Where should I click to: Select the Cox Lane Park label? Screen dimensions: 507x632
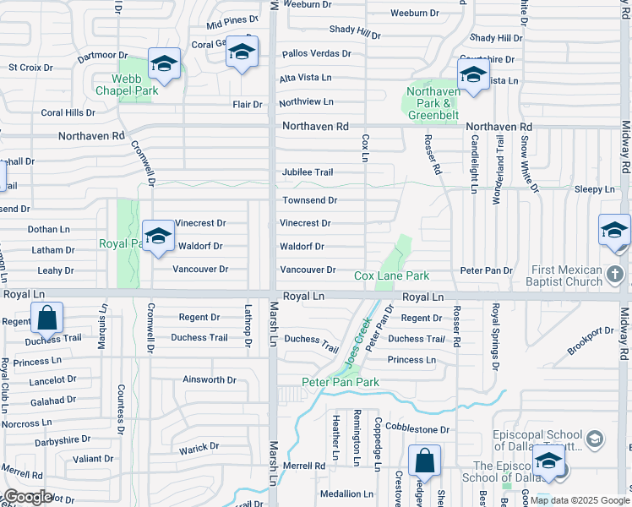pyautogui.click(x=391, y=275)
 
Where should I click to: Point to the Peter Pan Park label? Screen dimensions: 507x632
pyautogui.click(x=341, y=382)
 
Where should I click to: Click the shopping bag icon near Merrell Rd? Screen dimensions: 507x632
pyautogui.click(x=424, y=461)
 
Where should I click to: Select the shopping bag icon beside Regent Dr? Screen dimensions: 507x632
pyautogui.click(x=46, y=319)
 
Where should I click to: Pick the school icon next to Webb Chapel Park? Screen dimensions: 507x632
pyautogui.click(x=164, y=63)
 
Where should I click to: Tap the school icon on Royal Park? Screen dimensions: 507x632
pyautogui.click(x=158, y=237)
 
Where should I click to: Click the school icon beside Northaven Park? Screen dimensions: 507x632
pyautogui.click(x=474, y=77)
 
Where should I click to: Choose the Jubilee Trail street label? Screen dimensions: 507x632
pyautogui.click(x=308, y=172)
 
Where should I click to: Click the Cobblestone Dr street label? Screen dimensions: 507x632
pyautogui.click(x=417, y=429)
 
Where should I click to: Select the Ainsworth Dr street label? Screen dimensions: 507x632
pyautogui.click(x=210, y=380)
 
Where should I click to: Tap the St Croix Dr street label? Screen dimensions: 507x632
pyautogui.click(x=30, y=67)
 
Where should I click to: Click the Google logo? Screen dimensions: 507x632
pyautogui.click(x=27, y=497)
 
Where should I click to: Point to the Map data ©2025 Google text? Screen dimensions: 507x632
pyautogui.click(x=579, y=500)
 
